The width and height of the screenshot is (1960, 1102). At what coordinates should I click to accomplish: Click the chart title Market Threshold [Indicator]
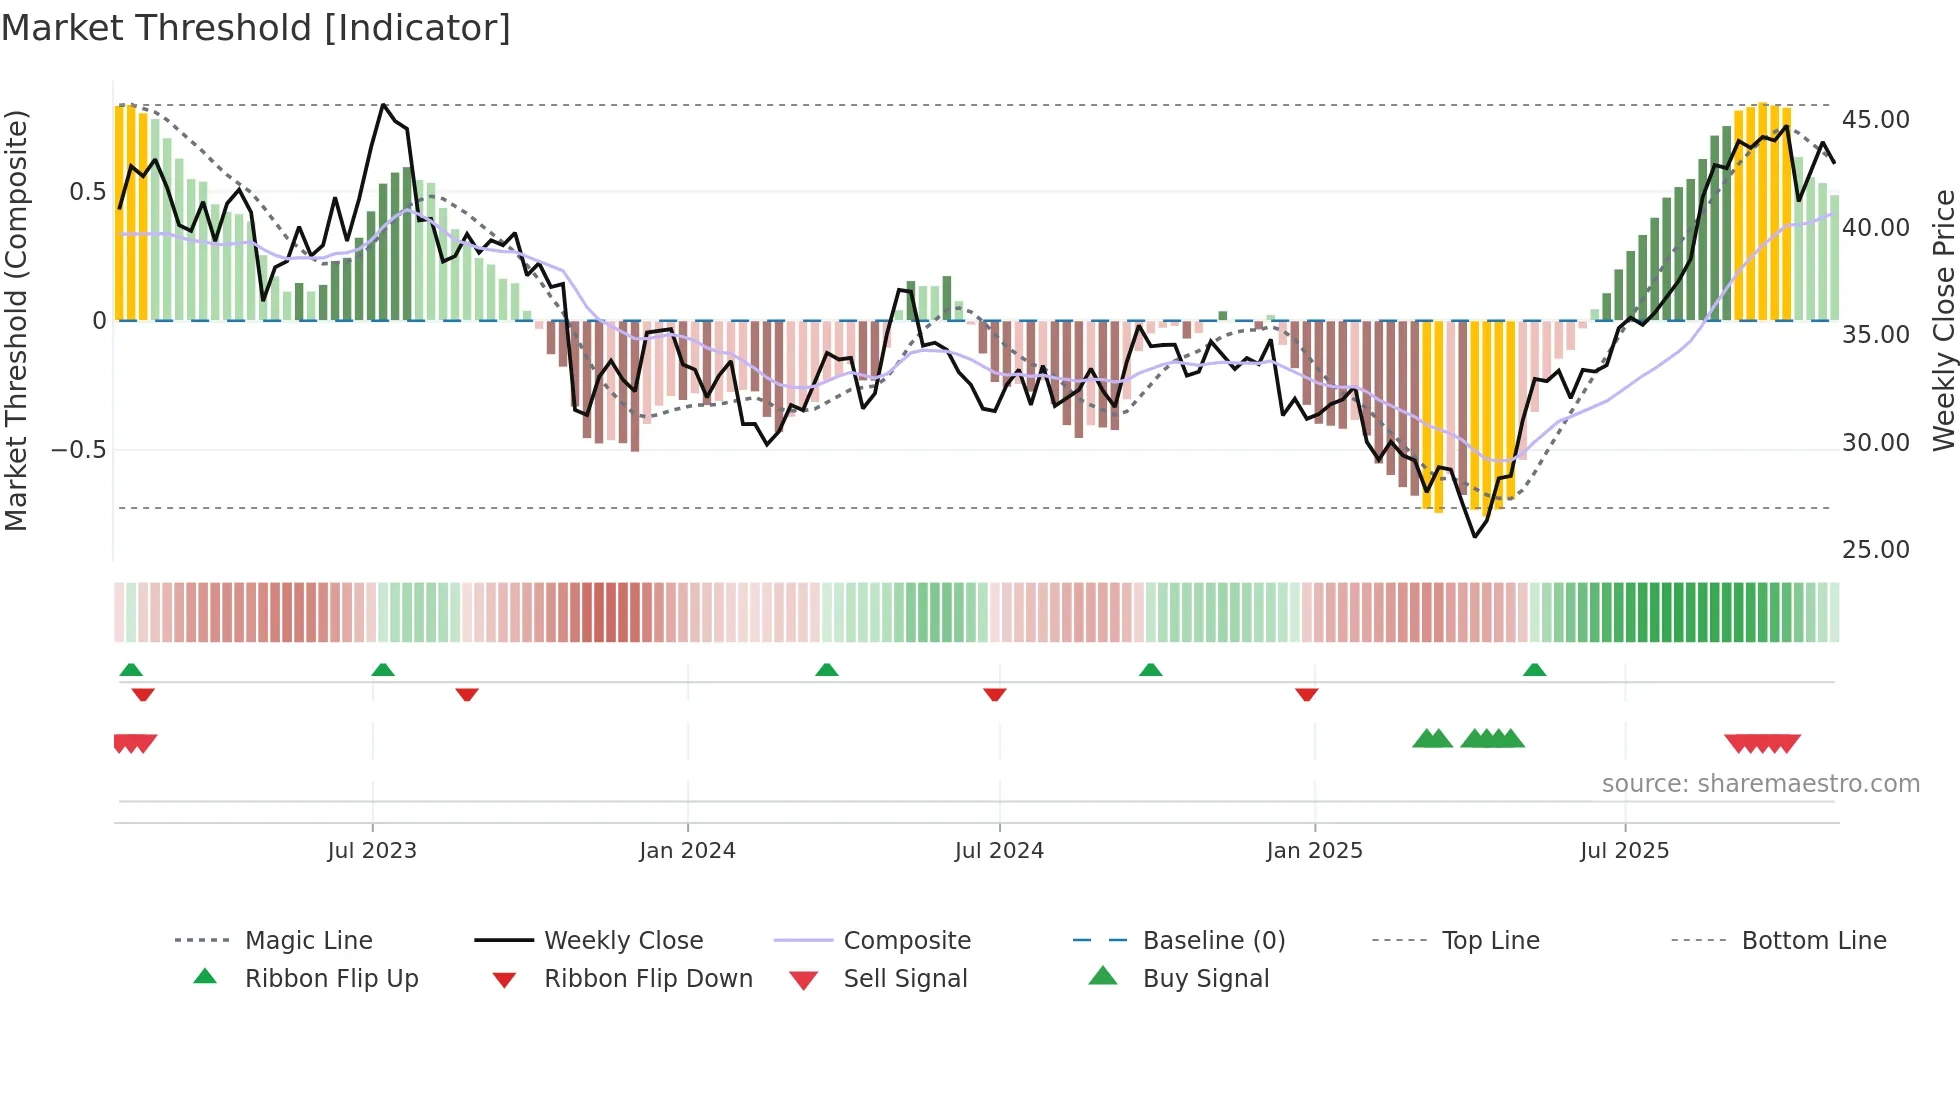pos(256,28)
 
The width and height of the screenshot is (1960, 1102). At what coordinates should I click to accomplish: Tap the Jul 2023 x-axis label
pos(372,851)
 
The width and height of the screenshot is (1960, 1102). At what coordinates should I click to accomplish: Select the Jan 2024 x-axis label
pos(687,851)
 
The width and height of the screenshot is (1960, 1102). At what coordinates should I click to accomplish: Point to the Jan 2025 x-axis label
pos(1314,851)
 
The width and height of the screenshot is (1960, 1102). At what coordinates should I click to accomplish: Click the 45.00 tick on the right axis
pos(1875,120)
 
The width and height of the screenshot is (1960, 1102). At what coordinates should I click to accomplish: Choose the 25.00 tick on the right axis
pos(1875,550)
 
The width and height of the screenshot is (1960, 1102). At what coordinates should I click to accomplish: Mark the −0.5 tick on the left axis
pos(79,450)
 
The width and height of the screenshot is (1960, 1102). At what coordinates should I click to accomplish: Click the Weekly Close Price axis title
pos(1943,320)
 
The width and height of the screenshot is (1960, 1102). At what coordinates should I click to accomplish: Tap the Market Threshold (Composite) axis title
pos(16,320)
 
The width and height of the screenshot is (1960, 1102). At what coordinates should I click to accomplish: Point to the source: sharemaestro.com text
pos(1760,784)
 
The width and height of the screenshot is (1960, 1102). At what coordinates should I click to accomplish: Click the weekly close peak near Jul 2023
pos(384,105)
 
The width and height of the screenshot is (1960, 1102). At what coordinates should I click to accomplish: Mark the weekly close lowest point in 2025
pos(1474,537)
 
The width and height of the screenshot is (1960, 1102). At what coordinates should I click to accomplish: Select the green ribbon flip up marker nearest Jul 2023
pos(383,670)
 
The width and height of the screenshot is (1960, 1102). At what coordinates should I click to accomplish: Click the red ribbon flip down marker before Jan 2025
pos(1306,694)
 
